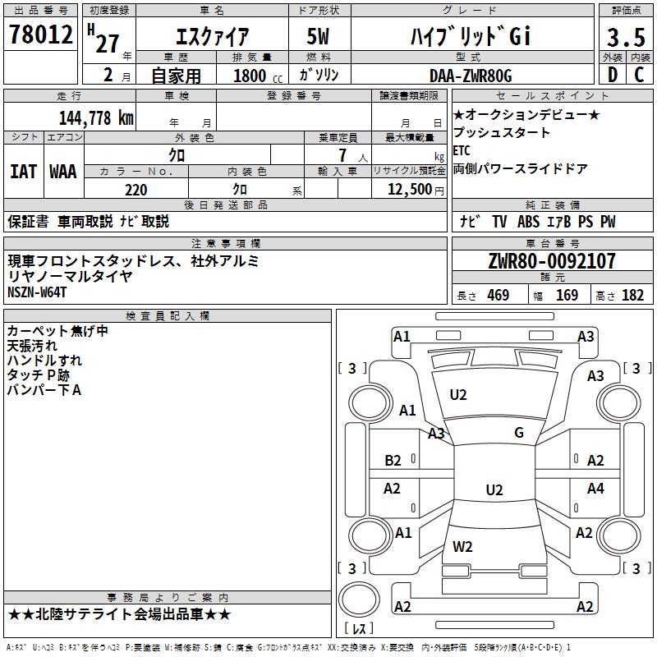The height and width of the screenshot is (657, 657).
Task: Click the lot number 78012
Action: (39, 34)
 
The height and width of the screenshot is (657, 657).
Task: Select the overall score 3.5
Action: (625, 36)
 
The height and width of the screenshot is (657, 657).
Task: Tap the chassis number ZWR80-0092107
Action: (551, 262)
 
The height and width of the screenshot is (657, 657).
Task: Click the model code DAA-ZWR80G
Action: (471, 76)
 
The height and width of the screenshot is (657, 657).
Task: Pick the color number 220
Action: (136, 190)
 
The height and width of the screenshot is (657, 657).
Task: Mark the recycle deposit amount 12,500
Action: (407, 190)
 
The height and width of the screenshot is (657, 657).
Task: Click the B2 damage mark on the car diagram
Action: (393, 461)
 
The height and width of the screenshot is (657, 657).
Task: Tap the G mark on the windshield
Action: (518, 433)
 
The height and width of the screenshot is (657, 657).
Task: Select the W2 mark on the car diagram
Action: (462, 546)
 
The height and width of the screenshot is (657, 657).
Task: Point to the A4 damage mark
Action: (595, 489)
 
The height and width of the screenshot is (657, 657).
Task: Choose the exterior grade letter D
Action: (613, 75)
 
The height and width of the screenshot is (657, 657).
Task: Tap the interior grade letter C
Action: (639, 75)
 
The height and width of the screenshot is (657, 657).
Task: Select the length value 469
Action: (498, 296)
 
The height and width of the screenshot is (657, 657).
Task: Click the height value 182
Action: (632, 296)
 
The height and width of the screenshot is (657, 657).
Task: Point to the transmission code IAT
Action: (23, 172)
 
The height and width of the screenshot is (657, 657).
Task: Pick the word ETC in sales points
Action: (462, 151)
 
